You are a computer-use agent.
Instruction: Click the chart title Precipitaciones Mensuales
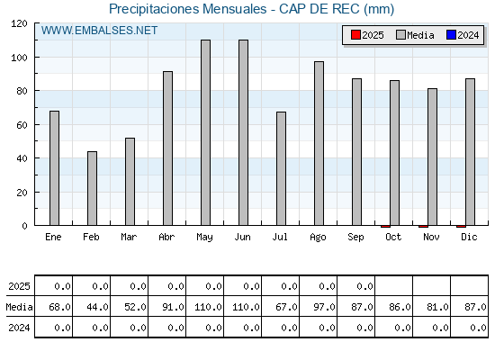point(188,9)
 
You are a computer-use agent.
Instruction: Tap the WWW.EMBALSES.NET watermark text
point(99,31)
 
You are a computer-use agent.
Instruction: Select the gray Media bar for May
point(205,132)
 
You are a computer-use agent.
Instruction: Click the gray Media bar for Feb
point(92,188)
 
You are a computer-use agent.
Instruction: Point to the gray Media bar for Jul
point(281,169)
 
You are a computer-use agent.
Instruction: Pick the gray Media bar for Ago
point(319,143)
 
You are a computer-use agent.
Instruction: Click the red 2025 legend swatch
point(355,35)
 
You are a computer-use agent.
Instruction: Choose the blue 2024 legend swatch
point(451,35)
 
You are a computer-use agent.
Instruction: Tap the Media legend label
point(420,35)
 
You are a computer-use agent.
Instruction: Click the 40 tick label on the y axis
point(22,158)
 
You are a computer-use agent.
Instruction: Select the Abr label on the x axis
point(166,237)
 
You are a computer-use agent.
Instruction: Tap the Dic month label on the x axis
point(469,237)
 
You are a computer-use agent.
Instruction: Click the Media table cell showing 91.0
point(166,307)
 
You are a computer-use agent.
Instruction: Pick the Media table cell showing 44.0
point(91,307)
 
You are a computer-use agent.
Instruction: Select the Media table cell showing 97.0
point(319,307)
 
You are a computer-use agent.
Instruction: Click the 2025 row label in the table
point(19,286)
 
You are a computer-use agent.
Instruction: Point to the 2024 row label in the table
point(19,328)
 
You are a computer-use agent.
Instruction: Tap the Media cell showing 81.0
point(432,307)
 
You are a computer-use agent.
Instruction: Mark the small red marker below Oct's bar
point(385,227)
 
